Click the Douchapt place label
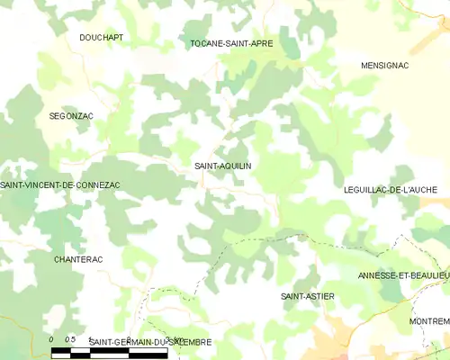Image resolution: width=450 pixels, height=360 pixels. [101, 38]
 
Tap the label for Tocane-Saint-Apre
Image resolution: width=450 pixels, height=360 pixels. [231, 42]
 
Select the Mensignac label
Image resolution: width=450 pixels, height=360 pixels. [385, 66]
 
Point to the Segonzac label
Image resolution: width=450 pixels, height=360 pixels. [71, 117]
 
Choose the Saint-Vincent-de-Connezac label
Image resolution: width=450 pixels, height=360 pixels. [60, 184]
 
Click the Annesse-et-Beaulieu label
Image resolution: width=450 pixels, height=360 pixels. [402, 274]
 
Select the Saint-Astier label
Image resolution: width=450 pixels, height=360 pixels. [308, 296]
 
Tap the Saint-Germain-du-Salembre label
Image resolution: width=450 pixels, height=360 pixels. [150, 342]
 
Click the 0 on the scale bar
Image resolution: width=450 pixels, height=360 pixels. [51, 339]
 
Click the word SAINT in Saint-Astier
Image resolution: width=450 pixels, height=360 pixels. [293, 296]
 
